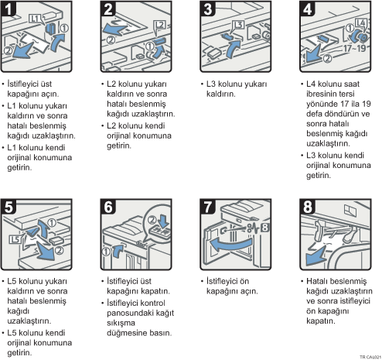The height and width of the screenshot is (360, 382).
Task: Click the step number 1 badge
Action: pyautogui.click(x=8, y=9)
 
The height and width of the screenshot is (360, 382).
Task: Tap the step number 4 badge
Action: pyautogui.click(x=307, y=9)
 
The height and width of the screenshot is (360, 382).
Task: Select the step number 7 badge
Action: pyautogui.click(x=207, y=206)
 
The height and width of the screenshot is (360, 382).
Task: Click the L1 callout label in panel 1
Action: pyautogui.click(x=36, y=19)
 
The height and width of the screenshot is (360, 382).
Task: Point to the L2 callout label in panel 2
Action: pyautogui.click(x=159, y=26)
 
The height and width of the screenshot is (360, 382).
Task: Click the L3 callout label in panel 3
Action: pyautogui.click(x=238, y=25)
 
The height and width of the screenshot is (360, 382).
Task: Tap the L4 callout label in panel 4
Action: pyautogui.click(x=360, y=23)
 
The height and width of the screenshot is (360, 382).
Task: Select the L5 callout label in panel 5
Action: pyautogui.click(x=15, y=239)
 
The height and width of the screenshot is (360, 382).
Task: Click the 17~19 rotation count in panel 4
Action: pyautogui.click(x=354, y=48)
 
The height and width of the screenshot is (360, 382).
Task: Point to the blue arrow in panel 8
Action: pyautogui.click(x=316, y=255)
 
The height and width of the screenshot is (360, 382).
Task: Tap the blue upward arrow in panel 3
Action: pyautogui.click(x=233, y=49)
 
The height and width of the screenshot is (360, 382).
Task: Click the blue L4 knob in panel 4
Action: pyautogui.click(x=360, y=36)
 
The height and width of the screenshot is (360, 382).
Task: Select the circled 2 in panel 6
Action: pyautogui.click(x=152, y=220)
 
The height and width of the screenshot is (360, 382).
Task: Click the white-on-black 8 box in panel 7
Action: pyautogui.click(x=264, y=228)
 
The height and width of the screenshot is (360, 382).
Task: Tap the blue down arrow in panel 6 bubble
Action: pyautogui.click(x=164, y=220)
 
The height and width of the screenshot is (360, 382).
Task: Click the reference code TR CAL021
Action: pyautogui.click(x=370, y=357)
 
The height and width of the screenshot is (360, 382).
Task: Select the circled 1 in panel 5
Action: pyautogui.click(x=52, y=223)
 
